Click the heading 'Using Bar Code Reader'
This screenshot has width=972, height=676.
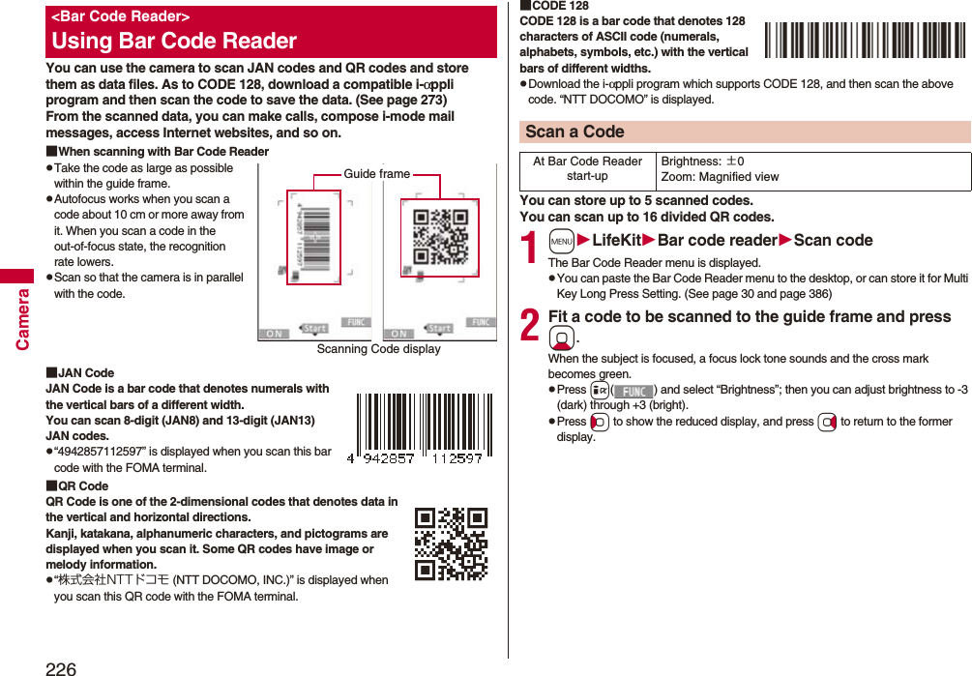click(x=174, y=41)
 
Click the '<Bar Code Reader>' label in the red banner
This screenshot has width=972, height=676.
click(x=121, y=16)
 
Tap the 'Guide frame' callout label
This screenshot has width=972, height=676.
click(x=377, y=174)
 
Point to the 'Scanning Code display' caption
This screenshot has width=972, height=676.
click(x=378, y=349)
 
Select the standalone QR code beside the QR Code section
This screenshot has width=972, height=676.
click(x=451, y=544)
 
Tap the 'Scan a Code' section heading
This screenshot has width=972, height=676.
click(x=574, y=132)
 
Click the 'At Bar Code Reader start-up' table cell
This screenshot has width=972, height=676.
click(x=588, y=169)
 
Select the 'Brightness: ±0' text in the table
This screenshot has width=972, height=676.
click(x=702, y=162)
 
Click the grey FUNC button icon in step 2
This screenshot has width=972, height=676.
click(x=634, y=391)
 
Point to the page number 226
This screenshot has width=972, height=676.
click(x=60, y=667)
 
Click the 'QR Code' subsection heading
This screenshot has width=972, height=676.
click(x=82, y=486)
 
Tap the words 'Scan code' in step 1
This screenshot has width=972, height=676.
click(x=833, y=241)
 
